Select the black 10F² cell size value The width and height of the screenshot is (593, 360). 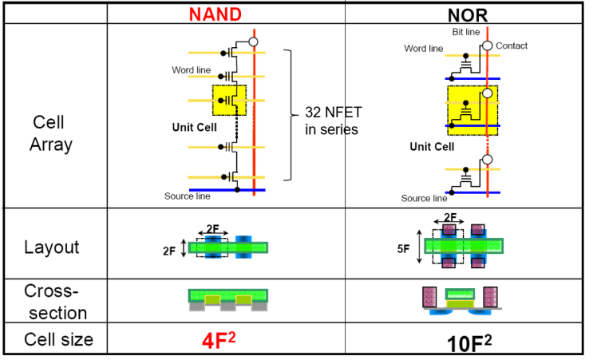[x=468, y=342]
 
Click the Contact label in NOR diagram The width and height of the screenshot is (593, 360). [x=512, y=46]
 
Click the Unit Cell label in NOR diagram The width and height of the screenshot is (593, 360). [x=432, y=147]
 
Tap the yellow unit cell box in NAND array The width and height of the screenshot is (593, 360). [x=229, y=101]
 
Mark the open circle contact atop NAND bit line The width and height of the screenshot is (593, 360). [x=254, y=42]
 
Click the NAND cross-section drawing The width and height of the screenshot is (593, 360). [x=227, y=299]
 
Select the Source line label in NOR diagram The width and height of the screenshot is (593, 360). [x=424, y=198]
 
